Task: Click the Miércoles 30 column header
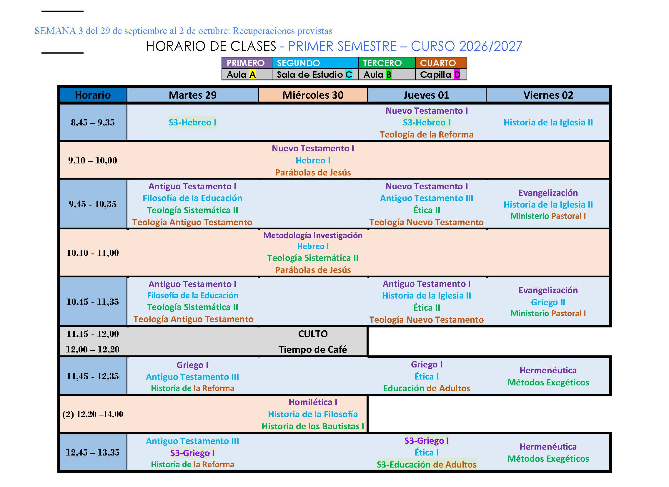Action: pos(313,95)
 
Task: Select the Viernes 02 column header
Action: pos(548,95)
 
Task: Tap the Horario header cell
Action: pos(93,95)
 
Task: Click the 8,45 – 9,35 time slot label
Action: pos(93,122)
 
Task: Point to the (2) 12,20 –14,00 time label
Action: pos(93,414)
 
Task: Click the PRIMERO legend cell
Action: pos(247,63)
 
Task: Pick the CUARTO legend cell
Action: pos(441,63)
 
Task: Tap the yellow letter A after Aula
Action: pos(252,75)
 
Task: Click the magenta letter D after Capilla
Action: pos(457,75)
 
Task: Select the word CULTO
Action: pos(313,334)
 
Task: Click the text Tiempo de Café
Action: pos(313,349)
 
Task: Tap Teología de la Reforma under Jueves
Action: pos(426,135)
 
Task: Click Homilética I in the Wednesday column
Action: pos(313,402)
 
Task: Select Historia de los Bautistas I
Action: pos(313,426)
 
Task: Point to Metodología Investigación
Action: pos(313,235)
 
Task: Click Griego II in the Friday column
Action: pos(548,302)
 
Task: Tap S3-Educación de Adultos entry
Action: pos(426,465)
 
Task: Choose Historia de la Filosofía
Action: pos(313,414)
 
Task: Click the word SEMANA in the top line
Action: pos(55,31)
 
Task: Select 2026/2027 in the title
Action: pos(490,46)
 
